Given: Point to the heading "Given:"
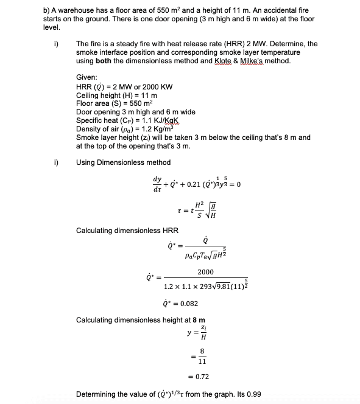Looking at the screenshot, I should coord(87,78).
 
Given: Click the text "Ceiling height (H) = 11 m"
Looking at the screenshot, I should coord(117,96).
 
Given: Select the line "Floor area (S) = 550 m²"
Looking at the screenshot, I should coord(111,103).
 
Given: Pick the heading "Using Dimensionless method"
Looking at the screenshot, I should coord(123,162).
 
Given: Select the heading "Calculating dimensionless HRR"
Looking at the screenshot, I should coord(127,231).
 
